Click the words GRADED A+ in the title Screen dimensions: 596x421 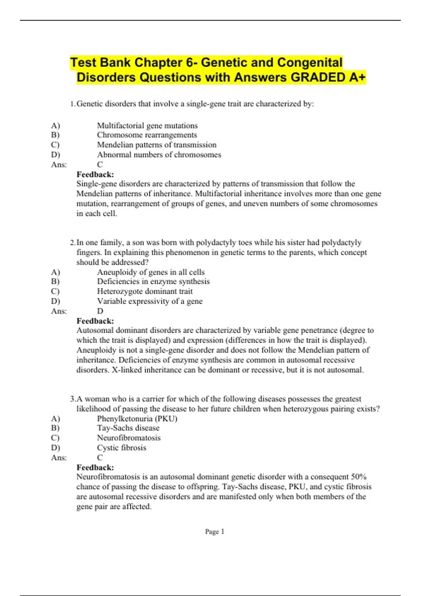pos(328,77)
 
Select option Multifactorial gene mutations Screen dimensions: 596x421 pos(147,126)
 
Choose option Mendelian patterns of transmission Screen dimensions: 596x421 pos(156,145)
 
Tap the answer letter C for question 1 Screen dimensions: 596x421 pos(100,164)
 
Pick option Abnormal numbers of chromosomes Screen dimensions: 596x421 pos(159,155)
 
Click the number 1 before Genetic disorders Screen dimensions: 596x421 pos(72,104)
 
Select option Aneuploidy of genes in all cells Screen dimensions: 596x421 pos(151,272)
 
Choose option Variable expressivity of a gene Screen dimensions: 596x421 pos(149,301)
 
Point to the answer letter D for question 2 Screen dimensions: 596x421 pos(100,311)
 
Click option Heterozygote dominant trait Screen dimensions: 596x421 pos(145,291)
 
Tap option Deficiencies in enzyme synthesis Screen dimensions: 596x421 pos(153,282)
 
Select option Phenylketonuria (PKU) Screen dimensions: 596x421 pos(137,419)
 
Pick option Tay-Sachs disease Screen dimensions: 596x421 pos(128,428)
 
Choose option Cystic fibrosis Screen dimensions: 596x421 pos(121,448)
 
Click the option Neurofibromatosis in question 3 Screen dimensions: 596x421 pos(129,438)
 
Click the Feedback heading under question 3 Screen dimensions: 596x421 pos(95,467)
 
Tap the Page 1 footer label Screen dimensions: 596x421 pos(214,531)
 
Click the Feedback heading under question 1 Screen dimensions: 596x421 pos(95,174)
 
